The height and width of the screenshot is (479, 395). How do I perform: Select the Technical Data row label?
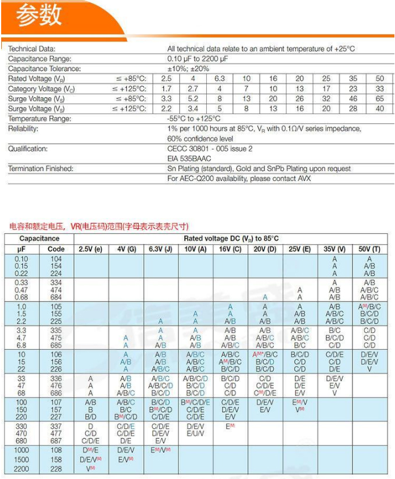coord(31,49)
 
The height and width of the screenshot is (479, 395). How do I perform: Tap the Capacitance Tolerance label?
coord(44,69)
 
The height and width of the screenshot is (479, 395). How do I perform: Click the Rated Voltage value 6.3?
coord(220,79)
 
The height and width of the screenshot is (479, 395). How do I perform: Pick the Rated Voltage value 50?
coord(379,79)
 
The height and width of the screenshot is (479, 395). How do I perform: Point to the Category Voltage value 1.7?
coord(166,88)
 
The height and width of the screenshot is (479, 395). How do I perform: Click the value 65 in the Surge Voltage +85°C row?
coord(379,98)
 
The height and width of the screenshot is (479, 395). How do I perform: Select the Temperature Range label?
coord(40,119)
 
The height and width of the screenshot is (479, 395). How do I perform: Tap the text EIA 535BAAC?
coord(189,158)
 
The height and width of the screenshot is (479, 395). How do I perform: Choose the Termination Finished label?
coord(40,169)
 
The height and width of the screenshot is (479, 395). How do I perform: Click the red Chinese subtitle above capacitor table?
coord(100,226)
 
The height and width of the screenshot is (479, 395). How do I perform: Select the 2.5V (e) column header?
coord(90,249)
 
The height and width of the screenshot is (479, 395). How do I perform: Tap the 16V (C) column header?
coord(230,249)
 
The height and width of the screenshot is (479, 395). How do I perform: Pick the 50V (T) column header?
coord(369,249)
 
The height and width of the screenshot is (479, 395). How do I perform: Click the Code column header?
coord(56,249)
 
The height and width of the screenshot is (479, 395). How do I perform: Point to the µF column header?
coord(22,249)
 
